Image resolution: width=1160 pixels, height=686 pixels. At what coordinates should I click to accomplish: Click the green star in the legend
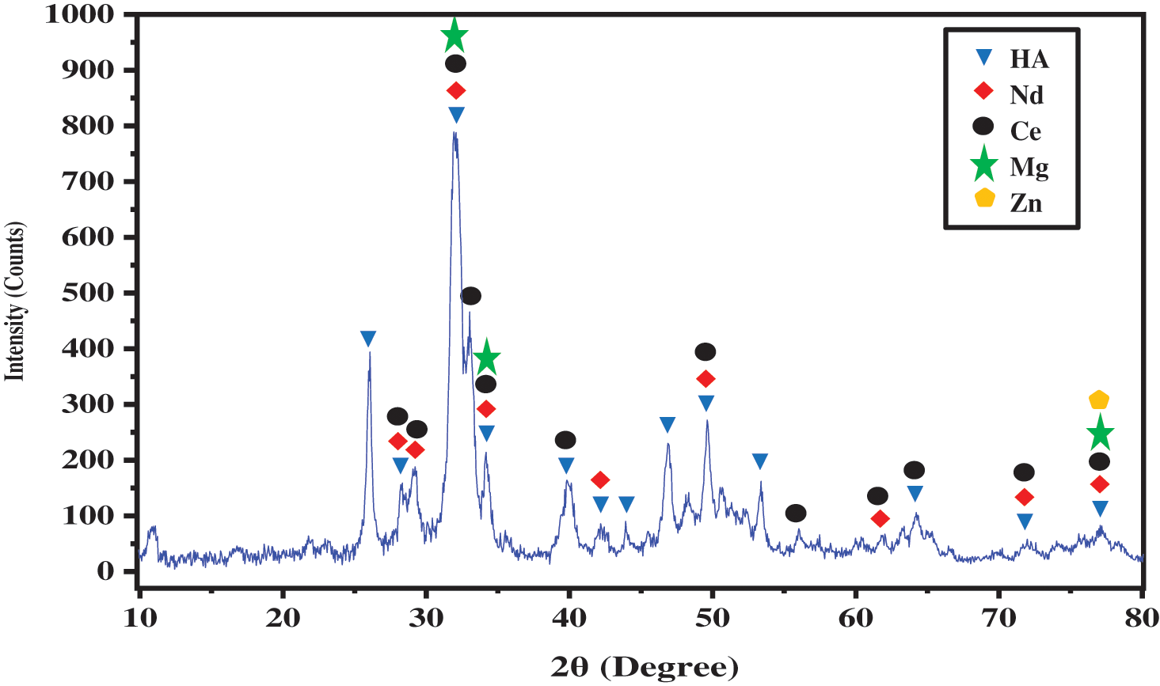tap(984, 165)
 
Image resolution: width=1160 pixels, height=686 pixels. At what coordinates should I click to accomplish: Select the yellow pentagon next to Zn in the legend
tap(984, 198)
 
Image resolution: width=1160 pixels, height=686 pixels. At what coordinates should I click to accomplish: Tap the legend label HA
tap(1029, 59)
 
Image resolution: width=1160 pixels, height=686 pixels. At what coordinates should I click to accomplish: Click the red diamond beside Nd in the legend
tap(983, 91)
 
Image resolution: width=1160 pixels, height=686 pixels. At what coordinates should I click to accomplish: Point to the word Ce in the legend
tap(1025, 131)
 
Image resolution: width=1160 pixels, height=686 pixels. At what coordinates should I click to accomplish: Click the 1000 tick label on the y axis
tap(79, 14)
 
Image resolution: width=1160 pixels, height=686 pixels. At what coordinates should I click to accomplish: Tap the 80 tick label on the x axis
tap(1141, 618)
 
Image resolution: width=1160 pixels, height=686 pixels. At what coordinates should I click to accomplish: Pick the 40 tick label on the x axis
tap(569, 618)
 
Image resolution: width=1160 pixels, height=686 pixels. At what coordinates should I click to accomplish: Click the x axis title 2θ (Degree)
tap(645, 667)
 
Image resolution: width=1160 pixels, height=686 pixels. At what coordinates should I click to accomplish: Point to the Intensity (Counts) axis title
tap(16, 301)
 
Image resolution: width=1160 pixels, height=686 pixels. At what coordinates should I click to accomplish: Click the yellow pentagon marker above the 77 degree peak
tap(1099, 400)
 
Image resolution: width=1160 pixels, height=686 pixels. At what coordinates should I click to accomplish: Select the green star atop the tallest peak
tap(454, 35)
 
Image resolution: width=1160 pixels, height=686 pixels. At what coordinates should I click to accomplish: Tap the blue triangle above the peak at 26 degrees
tap(368, 339)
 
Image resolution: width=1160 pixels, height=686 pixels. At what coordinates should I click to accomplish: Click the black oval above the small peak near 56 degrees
tap(796, 514)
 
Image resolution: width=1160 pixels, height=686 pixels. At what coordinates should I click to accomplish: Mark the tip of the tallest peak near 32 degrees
tap(454, 132)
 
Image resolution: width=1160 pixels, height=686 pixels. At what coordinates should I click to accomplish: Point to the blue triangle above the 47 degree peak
tap(667, 425)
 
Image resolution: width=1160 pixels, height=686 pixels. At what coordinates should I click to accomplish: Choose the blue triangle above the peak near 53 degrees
tap(760, 461)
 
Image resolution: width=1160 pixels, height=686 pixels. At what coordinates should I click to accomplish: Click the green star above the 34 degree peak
tap(487, 358)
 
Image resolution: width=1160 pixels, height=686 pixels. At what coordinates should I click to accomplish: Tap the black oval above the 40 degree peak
tap(565, 440)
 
